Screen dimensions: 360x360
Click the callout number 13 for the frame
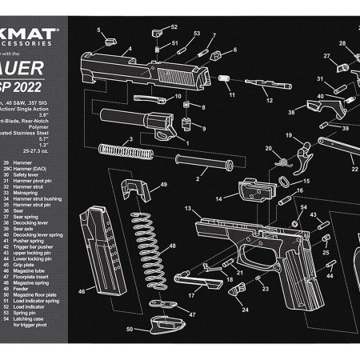[x=187, y=209]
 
